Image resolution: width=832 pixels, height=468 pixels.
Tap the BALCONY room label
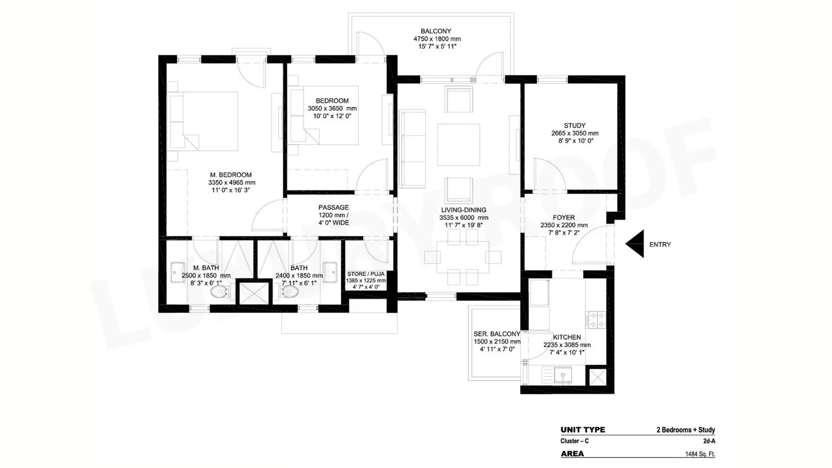436,31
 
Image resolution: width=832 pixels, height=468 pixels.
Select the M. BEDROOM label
231,175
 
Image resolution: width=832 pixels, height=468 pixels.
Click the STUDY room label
575,126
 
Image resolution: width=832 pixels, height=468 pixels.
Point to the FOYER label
564,218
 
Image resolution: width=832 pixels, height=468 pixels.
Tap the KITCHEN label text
567,337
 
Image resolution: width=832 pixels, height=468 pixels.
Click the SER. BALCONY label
497,334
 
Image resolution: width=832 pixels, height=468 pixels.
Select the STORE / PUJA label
366,274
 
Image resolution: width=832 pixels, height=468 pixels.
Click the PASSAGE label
333,208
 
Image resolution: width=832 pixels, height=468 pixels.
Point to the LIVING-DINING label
464,210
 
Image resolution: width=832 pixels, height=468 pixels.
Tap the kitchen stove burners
596,320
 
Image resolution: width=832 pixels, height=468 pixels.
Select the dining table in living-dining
463,257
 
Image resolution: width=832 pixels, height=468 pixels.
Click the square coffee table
458,145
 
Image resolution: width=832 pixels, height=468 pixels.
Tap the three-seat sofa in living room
413,149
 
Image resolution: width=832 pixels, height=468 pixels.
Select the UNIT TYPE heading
583,430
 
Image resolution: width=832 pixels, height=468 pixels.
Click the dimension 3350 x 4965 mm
232,183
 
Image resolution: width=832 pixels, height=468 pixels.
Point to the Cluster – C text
574,441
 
